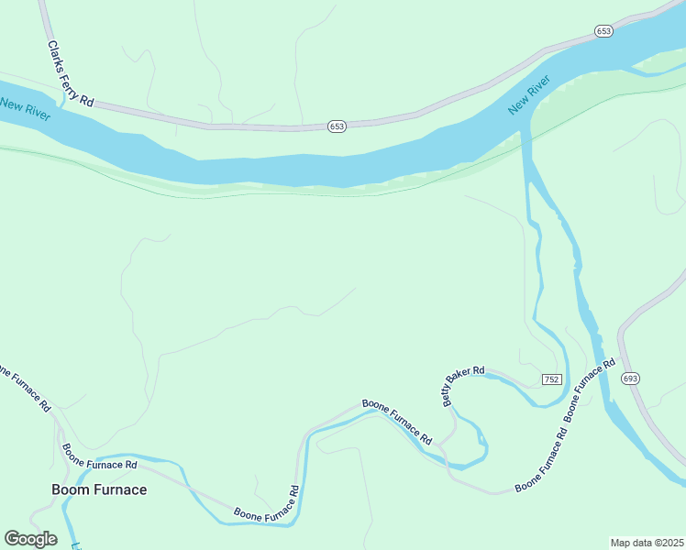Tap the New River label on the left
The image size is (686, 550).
(25, 108)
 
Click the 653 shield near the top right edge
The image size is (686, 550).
(603, 31)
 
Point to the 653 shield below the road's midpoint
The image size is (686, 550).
(337, 126)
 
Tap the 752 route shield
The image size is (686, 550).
(551, 379)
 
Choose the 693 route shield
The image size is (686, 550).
(629, 378)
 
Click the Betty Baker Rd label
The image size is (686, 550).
(463, 382)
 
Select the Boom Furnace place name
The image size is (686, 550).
(99, 489)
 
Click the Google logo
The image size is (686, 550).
(30, 539)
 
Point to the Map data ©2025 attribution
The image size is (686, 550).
(647, 543)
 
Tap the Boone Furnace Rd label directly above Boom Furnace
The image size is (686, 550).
(99, 457)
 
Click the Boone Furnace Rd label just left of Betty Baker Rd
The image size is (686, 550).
(396, 422)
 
